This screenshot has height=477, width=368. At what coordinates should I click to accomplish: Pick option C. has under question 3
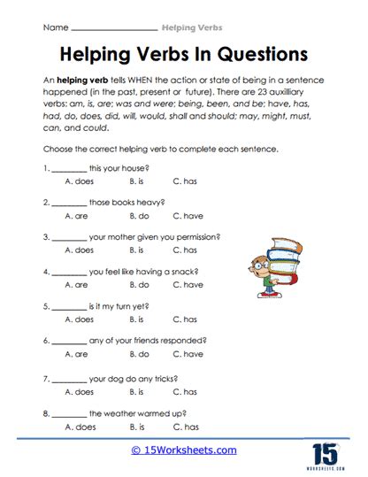(x=184, y=250)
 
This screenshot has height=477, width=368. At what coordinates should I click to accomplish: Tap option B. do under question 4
(x=138, y=285)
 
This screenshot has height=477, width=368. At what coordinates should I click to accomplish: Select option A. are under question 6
(x=77, y=354)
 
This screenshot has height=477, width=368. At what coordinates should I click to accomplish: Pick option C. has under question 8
(x=184, y=426)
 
